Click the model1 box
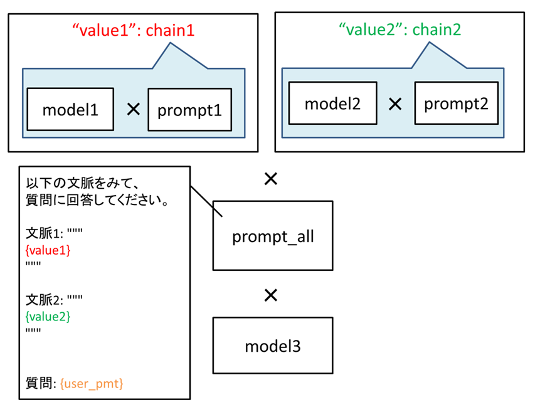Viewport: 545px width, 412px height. (x=70, y=109)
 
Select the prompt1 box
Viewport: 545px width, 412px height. (x=190, y=110)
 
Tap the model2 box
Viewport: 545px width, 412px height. (x=332, y=103)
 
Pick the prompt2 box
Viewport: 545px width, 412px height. (x=457, y=103)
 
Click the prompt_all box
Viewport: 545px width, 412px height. (x=273, y=235)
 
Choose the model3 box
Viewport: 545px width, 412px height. (x=273, y=346)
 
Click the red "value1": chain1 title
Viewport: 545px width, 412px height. (x=134, y=30)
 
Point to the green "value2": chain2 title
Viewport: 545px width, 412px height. (x=400, y=29)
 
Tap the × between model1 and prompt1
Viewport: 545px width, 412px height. (x=134, y=109)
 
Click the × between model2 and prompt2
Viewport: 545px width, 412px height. (x=395, y=103)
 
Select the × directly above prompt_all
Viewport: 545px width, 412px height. (x=271, y=179)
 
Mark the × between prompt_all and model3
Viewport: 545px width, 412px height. (x=271, y=295)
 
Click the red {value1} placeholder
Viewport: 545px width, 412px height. (x=48, y=250)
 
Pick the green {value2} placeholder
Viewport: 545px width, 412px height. (x=48, y=316)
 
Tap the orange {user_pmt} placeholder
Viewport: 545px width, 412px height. (x=92, y=384)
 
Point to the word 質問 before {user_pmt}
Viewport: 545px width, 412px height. (x=40, y=383)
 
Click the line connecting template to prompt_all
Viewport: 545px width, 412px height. (x=206, y=202)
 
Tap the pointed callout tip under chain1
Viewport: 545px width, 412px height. (x=171, y=43)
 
